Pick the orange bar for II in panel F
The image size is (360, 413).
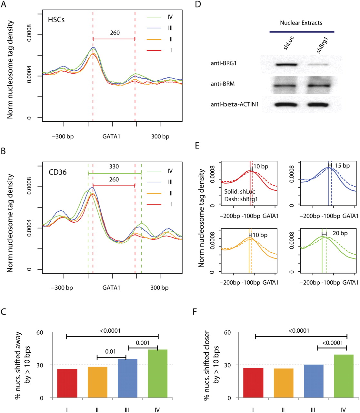coord(283,383)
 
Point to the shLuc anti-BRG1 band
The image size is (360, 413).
coord(286,65)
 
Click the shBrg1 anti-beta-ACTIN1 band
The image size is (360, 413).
coord(318,105)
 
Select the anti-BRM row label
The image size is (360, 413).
coord(223,84)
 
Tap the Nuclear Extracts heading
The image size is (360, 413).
coord(301,23)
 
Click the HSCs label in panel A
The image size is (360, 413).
coord(56,20)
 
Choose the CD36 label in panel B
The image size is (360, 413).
coord(58,172)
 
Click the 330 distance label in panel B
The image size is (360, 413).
coord(114,166)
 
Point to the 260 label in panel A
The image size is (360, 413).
coord(115,33)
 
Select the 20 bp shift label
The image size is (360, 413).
coord(340,233)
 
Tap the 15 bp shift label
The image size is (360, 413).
coord(342,166)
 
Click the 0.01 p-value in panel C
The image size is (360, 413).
coord(110,351)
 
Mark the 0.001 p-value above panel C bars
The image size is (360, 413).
coord(143,343)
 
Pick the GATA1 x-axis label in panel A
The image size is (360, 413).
coord(111,136)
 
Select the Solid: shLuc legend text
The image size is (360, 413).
coord(240,192)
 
